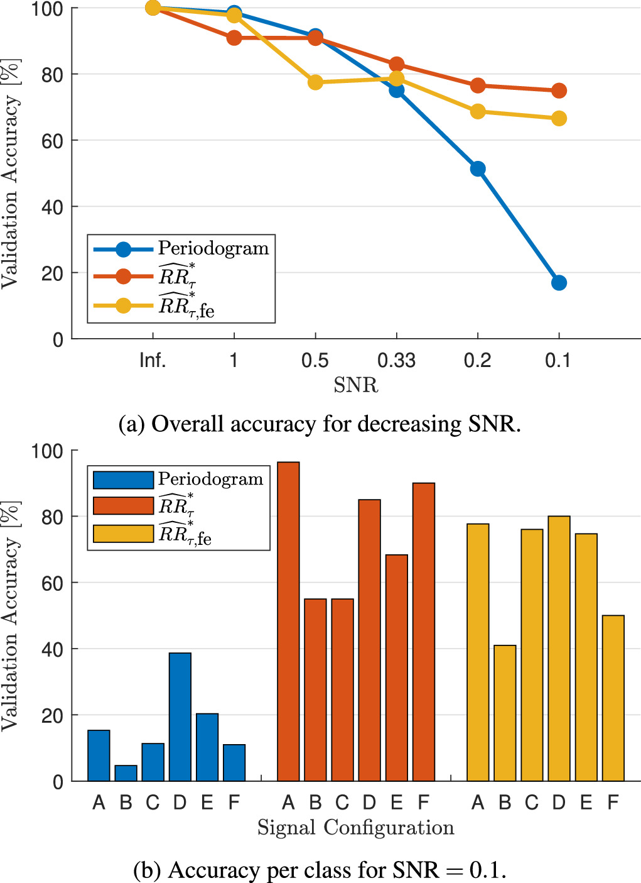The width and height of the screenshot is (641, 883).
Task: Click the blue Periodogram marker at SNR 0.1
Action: [x=559, y=283]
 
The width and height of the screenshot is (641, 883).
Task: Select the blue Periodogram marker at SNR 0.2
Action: [x=478, y=168]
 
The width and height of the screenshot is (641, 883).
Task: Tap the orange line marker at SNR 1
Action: [x=234, y=38]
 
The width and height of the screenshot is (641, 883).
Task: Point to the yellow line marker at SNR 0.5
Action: [x=315, y=82]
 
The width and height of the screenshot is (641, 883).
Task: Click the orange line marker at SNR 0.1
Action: [x=559, y=91]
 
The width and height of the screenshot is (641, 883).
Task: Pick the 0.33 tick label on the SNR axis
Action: [x=396, y=360]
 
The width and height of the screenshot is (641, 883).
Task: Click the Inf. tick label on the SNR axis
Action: [x=153, y=360]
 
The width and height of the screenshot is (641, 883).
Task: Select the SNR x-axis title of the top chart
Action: [x=355, y=385]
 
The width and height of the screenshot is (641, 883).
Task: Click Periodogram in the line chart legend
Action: [x=213, y=248]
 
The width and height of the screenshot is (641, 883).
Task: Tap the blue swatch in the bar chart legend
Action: [x=123, y=480]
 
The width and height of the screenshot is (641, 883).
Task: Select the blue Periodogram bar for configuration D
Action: [x=180, y=716]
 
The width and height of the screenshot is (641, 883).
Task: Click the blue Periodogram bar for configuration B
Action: [x=126, y=773]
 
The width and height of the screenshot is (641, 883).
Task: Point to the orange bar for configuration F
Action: [x=424, y=632]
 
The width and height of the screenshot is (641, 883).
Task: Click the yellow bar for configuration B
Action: [x=505, y=713]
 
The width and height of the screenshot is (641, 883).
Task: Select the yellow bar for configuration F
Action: [x=613, y=698]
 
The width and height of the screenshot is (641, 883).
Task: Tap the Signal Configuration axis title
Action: [x=355, y=828]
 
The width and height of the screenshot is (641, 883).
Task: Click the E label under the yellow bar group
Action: [x=586, y=803]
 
